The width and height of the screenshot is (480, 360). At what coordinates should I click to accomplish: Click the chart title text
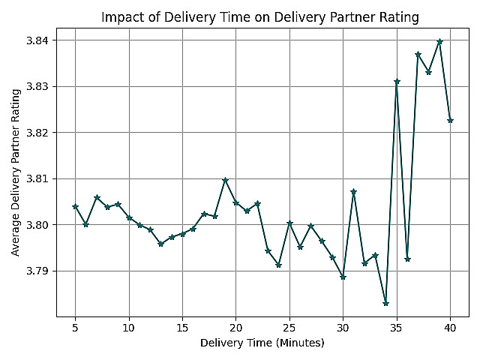pos(259,17)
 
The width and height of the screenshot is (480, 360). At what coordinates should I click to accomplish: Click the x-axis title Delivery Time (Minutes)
pos(262,343)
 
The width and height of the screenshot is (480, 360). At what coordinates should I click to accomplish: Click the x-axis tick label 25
pos(289,327)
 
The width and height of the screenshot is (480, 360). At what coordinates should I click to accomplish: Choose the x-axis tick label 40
pos(450,327)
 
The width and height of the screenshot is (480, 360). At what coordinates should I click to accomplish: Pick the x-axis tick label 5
pos(75,327)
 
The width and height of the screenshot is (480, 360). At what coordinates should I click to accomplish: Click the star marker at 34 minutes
pos(385,303)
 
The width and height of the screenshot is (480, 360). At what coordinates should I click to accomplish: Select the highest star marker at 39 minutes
pos(439,42)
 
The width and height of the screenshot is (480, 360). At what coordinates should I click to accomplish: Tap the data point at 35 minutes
pos(397,82)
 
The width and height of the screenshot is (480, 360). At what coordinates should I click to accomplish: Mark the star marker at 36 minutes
pos(407,259)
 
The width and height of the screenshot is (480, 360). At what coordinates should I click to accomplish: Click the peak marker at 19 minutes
pos(225,181)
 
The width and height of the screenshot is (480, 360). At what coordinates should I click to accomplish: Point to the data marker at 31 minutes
pos(353,192)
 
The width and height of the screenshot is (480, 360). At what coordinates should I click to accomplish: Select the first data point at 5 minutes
pos(75,207)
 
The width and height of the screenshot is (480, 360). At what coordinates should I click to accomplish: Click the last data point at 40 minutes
pos(450,121)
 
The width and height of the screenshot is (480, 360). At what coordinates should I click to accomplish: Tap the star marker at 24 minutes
pos(278,265)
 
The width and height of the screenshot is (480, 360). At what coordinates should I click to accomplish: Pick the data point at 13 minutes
pos(160,244)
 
